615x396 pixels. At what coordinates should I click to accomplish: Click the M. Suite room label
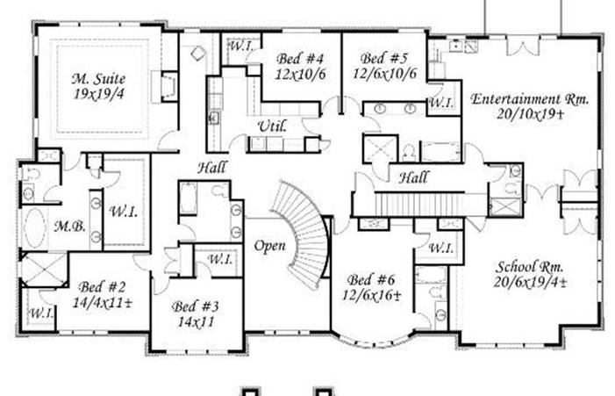pyautogui.click(x=98, y=79)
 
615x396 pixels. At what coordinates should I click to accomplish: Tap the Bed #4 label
pyautogui.click(x=300, y=59)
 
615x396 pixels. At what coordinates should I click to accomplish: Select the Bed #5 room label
pyautogui.click(x=384, y=59)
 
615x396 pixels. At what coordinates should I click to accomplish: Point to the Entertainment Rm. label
pyautogui.click(x=530, y=99)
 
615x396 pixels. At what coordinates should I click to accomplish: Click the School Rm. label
pyautogui.click(x=530, y=267)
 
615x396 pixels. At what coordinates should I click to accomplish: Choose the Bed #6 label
pyautogui.click(x=370, y=280)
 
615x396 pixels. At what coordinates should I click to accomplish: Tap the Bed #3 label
pyautogui.click(x=196, y=306)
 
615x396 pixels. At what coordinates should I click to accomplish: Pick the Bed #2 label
pyautogui.click(x=102, y=287)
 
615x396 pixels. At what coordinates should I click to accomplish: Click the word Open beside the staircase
pyautogui.click(x=270, y=247)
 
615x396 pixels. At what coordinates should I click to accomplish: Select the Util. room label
pyautogui.click(x=272, y=126)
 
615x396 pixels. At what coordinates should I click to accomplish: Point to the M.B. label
pyautogui.click(x=70, y=227)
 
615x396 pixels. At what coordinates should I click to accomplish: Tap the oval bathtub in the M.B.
pyautogui.click(x=34, y=227)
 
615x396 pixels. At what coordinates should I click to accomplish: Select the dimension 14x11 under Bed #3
pyautogui.click(x=196, y=322)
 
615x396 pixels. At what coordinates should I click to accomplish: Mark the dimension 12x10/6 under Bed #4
pyautogui.click(x=300, y=74)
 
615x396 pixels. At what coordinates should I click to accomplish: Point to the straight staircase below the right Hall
pyautogui.click(x=419, y=204)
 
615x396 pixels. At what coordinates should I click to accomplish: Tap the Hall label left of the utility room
pyautogui.click(x=211, y=168)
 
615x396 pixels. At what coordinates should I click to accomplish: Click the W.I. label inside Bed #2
pyautogui.click(x=41, y=313)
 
